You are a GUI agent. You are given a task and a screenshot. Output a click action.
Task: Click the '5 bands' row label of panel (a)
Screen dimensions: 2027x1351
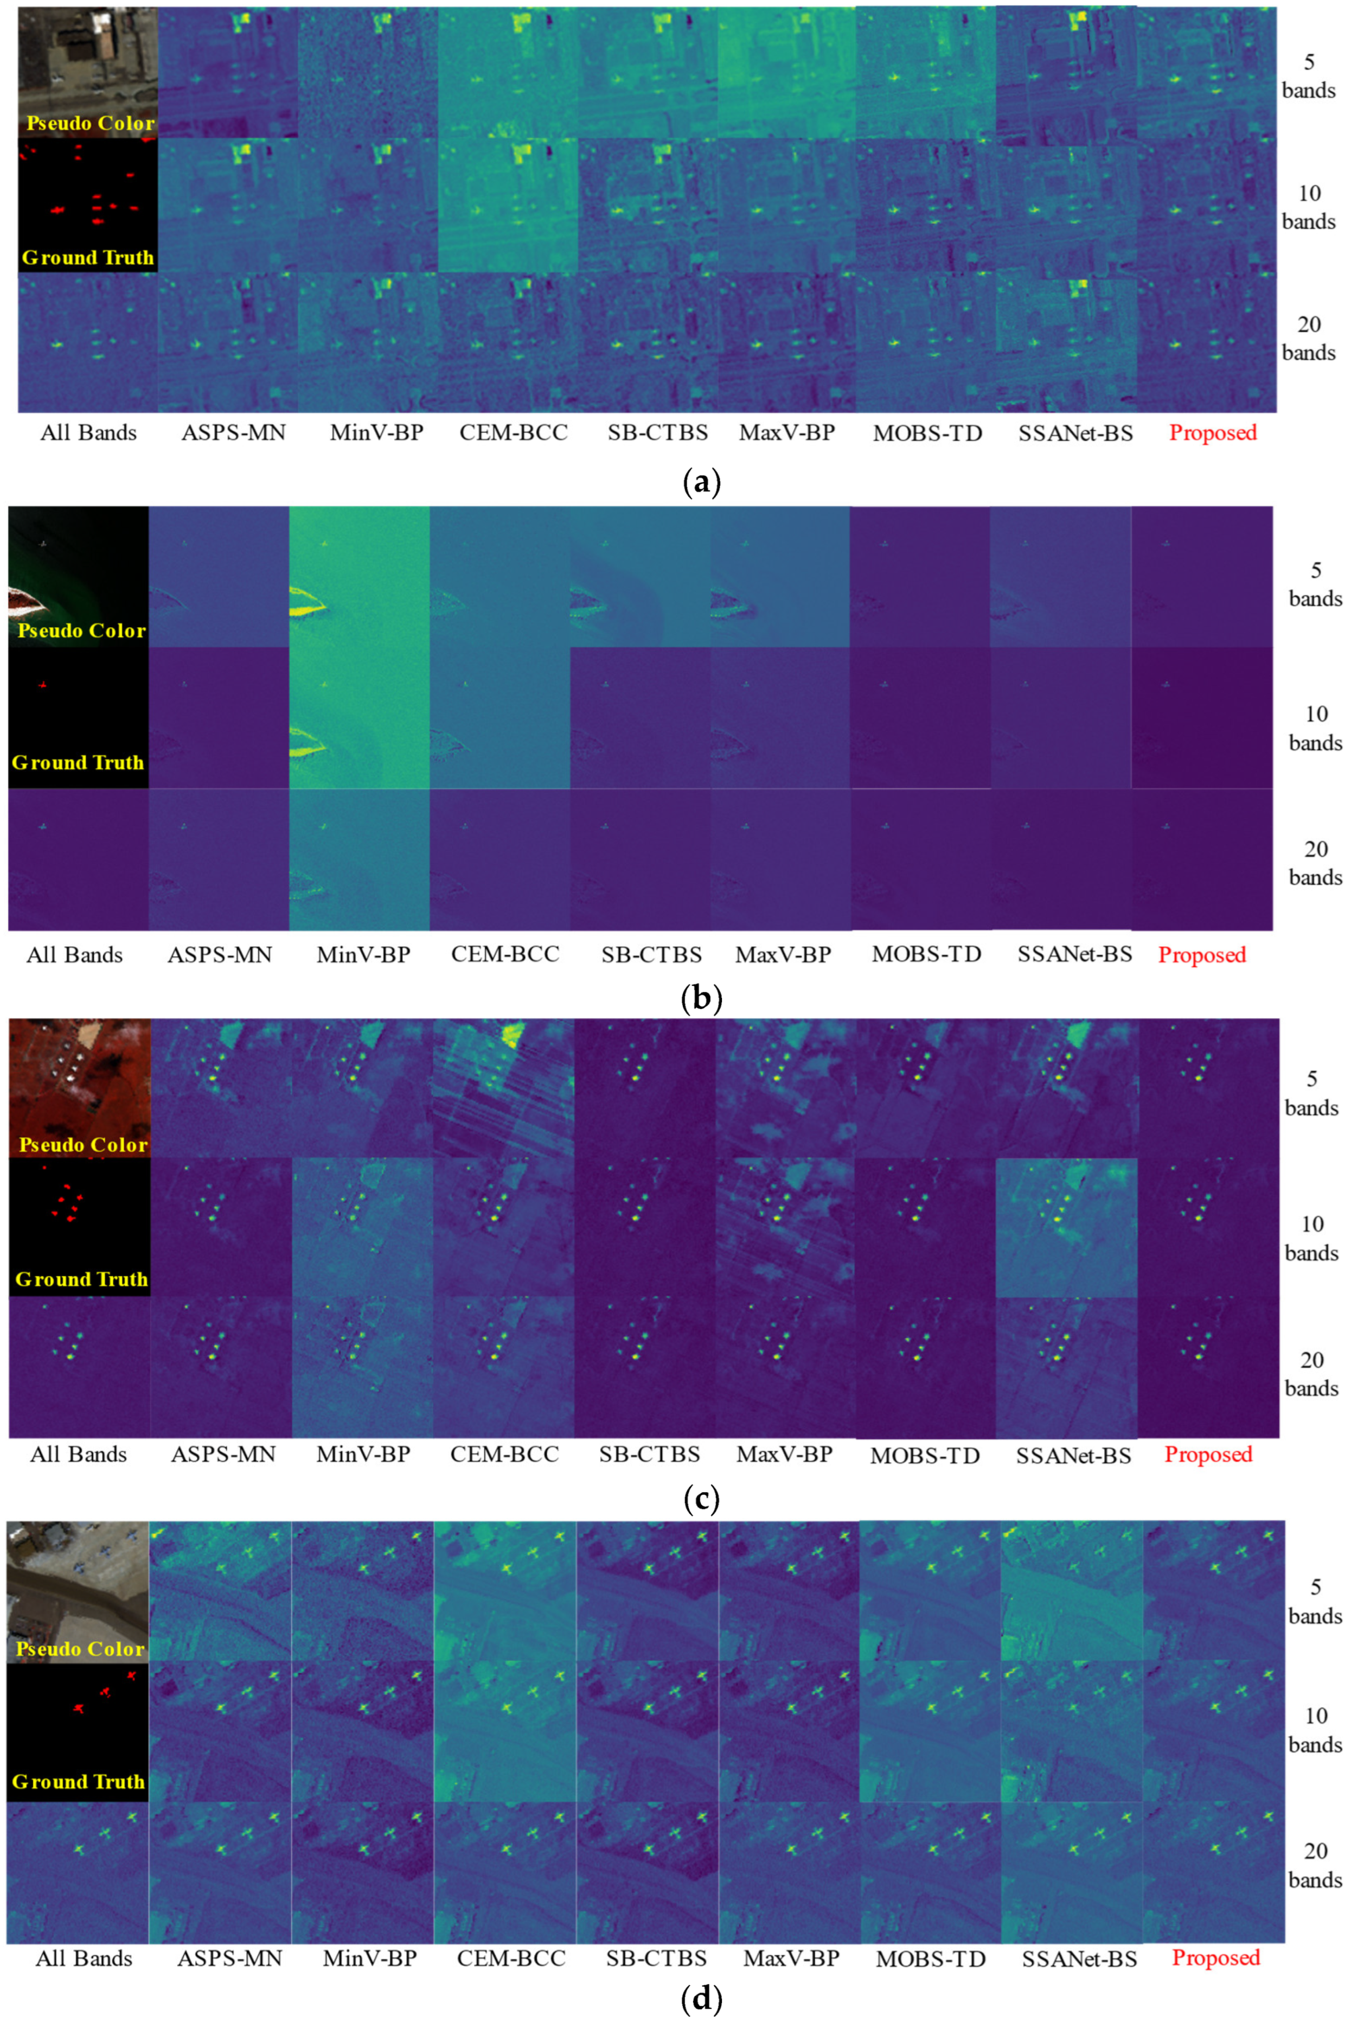click(x=1308, y=76)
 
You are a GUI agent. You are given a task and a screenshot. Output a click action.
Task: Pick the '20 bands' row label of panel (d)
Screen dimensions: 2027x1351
click(x=1315, y=1864)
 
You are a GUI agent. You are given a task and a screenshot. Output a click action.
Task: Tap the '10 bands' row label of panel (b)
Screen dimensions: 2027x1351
click(x=1315, y=728)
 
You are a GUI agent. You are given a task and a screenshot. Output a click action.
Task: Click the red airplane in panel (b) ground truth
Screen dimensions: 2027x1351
click(x=43, y=684)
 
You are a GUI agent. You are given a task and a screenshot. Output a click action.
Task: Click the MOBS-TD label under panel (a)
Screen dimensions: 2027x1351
click(x=928, y=432)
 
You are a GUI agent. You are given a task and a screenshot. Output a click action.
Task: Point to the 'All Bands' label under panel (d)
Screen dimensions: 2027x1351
click(x=84, y=1958)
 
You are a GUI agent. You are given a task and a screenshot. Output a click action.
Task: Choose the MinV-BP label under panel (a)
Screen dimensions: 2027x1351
click(x=376, y=432)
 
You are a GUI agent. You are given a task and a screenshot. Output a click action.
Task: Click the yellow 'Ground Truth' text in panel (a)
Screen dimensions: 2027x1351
click(x=88, y=257)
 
